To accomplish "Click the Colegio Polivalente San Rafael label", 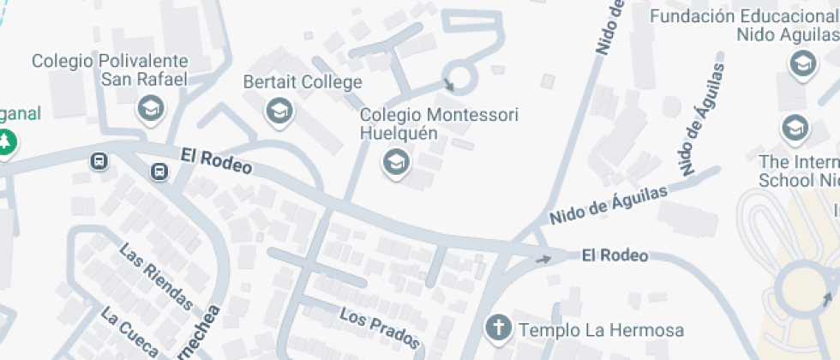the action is pyautogui.click(x=110, y=70).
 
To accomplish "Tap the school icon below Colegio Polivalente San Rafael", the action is pyautogui.click(x=151, y=109).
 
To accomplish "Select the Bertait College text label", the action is pyautogui.click(x=303, y=83).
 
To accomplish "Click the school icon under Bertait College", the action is pyautogui.click(x=278, y=111).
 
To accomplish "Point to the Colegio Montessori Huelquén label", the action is pyautogui.click(x=439, y=123).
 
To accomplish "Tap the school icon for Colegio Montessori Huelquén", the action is pyautogui.click(x=395, y=161).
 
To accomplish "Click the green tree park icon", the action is pyautogui.click(x=6, y=141).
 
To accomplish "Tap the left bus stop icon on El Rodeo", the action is pyautogui.click(x=99, y=161).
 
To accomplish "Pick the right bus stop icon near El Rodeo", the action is pyautogui.click(x=159, y=172).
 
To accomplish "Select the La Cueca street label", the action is pyautogui.click(x=129, y=332).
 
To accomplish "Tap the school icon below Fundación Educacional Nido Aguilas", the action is pyautogui.click(x=803, y=63).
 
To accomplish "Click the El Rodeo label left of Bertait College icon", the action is pyautogui.click(x=216, y=161).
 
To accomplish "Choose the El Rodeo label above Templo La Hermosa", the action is pyautogui.click(x=614, y=255).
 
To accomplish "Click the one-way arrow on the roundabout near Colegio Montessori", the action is pyautogui.click(x=450, y=84).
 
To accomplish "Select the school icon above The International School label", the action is pyautogui.click(x=795, y=129).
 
